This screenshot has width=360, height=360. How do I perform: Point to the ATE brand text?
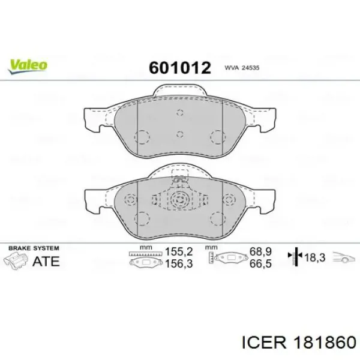point(46,261)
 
